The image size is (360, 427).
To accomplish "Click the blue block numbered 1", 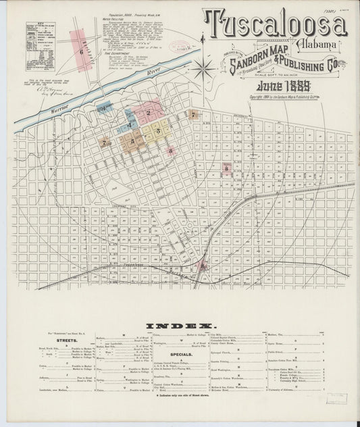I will [105, 108].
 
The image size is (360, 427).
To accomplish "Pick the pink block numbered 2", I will [147, 111].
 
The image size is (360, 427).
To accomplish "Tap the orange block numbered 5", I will [132, 141].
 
